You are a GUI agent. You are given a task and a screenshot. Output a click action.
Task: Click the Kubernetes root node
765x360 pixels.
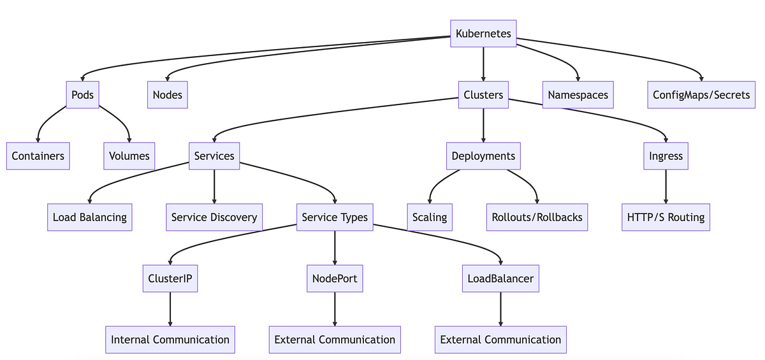483,34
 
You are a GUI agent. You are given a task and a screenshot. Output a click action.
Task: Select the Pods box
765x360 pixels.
83,95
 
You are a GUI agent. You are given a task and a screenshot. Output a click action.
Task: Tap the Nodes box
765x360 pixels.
168,95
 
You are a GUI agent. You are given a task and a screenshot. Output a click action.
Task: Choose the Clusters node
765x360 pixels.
483,95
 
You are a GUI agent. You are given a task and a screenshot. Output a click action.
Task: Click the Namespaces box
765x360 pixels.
578,95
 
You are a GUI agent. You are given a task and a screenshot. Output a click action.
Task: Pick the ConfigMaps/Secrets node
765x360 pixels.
701,95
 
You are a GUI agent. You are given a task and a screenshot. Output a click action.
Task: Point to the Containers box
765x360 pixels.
38,156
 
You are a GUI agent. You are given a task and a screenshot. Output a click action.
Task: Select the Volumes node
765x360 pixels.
129,156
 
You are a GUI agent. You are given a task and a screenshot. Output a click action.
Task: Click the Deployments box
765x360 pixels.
483,156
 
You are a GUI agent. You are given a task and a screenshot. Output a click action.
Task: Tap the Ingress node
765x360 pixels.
666,156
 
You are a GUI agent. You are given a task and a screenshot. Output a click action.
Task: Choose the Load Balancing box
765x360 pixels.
90,217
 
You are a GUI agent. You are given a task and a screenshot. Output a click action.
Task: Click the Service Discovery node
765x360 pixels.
214,217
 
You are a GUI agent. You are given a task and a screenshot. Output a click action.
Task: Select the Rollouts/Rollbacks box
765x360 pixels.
537,217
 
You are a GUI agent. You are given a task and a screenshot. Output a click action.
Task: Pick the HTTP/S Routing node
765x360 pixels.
666,217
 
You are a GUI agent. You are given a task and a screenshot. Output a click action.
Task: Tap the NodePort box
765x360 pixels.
335,278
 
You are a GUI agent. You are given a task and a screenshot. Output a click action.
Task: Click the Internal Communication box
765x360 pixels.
170,340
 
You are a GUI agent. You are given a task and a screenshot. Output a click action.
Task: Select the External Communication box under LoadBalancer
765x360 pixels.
500,340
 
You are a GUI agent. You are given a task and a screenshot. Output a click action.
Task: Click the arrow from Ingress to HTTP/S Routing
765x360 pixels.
666,186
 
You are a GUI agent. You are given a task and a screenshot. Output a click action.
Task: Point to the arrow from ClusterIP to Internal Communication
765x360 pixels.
170,308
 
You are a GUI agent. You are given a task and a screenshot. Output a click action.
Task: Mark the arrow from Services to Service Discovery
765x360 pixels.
214,186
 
